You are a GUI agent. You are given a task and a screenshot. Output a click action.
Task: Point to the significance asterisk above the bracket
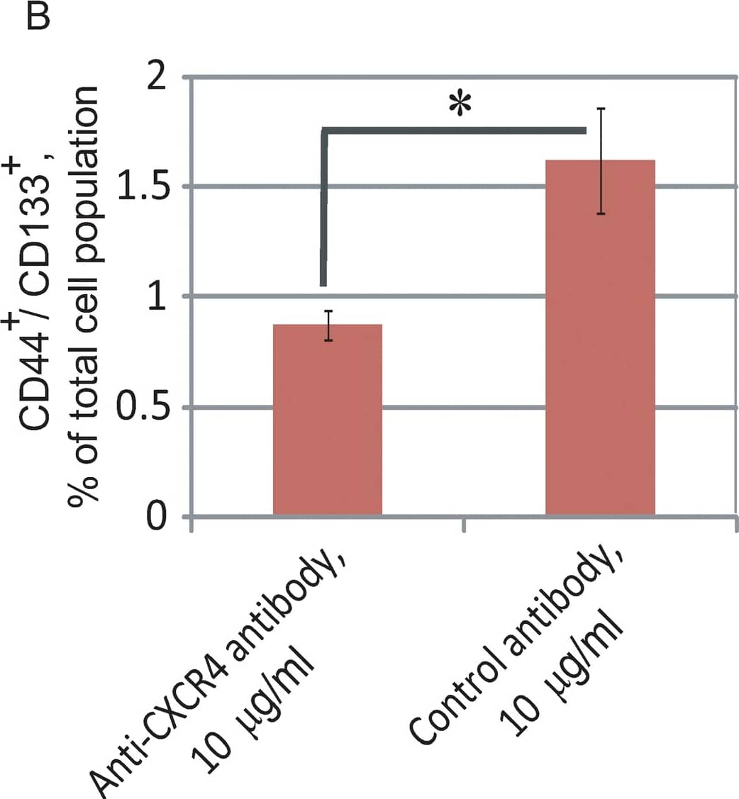tap(460, 106)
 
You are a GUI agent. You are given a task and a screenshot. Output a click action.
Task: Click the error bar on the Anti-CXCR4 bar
tap(328, 325)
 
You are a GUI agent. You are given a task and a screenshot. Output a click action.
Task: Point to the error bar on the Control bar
tap(600, 161)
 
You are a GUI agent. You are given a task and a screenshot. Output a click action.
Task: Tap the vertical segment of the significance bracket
tap(324, 209)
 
